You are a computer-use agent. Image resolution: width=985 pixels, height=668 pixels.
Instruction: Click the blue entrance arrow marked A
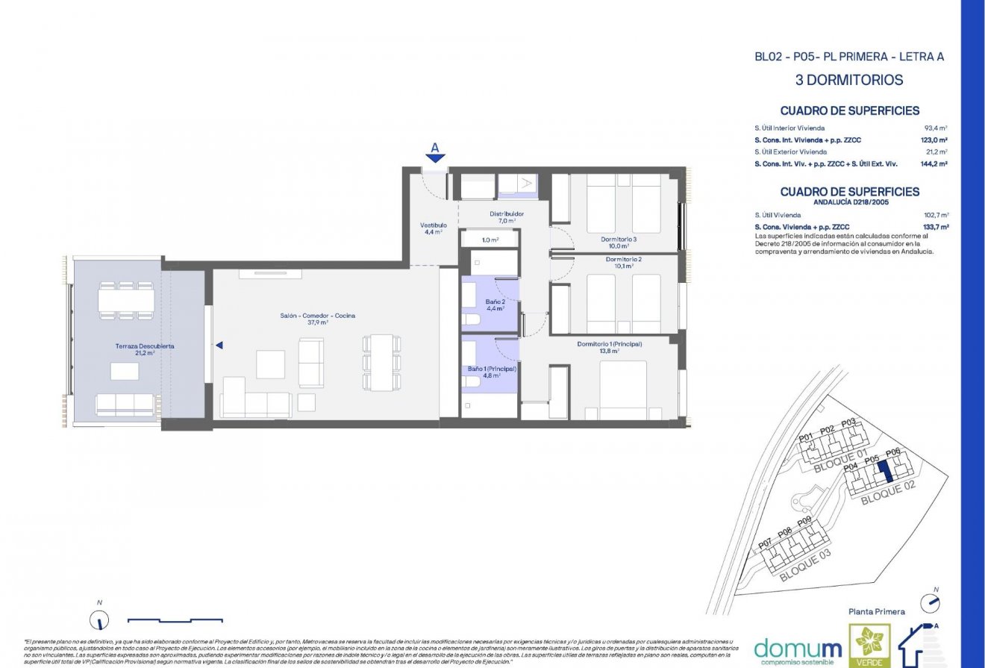click(436, 156)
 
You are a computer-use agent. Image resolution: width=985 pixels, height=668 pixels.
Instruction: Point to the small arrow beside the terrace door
click(219, 345)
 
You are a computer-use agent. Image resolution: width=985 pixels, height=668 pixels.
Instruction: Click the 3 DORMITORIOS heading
click(849, 81)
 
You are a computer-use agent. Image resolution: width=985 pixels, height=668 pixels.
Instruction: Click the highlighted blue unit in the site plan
click(884, 472)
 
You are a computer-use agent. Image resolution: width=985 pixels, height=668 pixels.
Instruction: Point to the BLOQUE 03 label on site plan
click(804, 565)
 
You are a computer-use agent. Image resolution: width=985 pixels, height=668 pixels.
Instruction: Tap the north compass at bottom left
click(97, 619)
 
